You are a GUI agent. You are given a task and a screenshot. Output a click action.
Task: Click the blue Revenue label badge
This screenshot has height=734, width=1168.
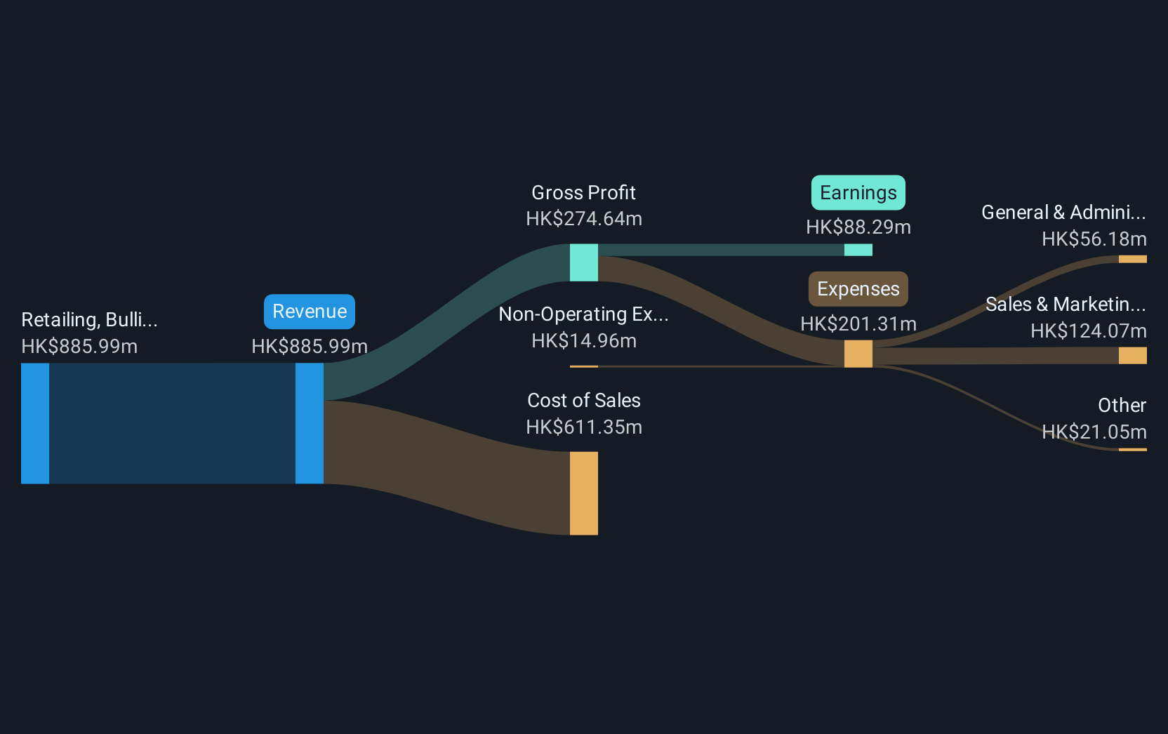point(310,312)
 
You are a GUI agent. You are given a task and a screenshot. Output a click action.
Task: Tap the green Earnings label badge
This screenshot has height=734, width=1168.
point(858,192)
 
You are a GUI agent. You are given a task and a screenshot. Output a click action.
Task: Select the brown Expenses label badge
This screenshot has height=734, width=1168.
point(858,289)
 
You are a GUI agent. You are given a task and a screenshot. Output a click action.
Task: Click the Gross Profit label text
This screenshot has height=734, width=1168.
point(583,193)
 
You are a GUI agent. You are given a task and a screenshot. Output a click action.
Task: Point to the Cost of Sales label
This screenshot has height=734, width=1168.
point(583,401)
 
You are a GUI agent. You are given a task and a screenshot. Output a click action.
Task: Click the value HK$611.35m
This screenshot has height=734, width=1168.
point(583,427)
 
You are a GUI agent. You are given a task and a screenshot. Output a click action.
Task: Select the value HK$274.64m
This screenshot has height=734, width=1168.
point(583,218)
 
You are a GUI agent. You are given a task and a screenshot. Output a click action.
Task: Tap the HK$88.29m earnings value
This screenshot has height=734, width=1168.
point(858,227)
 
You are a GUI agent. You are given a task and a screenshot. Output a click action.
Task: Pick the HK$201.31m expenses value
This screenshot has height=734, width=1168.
point(858,323)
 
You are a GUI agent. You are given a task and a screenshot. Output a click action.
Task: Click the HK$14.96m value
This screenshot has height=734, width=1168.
point(583,340)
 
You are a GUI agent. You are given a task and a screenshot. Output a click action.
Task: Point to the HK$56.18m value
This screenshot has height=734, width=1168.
point(1094,239)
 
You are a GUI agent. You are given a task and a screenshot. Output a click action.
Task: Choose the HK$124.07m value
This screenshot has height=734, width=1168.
point(1088,331)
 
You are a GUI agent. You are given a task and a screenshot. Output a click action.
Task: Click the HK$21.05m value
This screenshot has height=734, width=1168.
point(1094,432)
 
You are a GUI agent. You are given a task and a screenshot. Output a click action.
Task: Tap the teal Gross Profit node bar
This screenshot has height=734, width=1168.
point(583,262)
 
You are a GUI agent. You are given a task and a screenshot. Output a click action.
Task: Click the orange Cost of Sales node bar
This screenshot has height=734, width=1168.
point(583,493)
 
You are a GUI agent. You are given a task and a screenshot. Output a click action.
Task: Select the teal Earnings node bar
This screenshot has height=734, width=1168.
point(858,250)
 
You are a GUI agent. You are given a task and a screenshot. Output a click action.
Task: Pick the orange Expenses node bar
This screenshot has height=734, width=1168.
point(858,354)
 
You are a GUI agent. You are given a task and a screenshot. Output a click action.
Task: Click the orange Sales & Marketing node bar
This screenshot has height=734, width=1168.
point(1132,356)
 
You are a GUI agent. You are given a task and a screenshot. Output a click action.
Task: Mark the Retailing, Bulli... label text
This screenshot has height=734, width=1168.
point(89,319)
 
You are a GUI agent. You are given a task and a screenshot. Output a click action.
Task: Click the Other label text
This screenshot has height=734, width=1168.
point(1122,405)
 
